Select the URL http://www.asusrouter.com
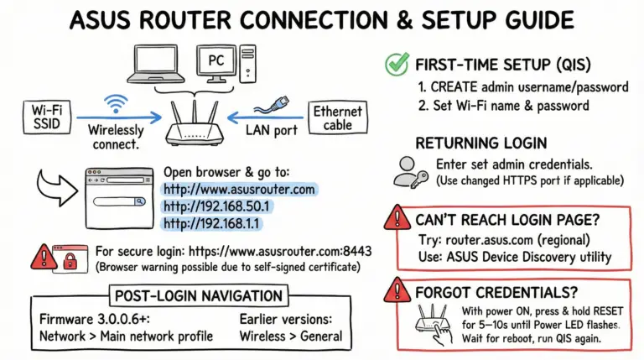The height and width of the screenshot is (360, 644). click(x=239, y=189)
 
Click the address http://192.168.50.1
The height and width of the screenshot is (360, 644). click(x=218, y=206)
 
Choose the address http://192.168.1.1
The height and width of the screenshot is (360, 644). click(x=213, y=224)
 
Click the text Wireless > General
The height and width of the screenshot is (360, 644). click(x=290, y=337)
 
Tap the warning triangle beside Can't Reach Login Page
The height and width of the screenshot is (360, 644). click(x=397, y=220)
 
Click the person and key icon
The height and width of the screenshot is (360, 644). click(x=411, y=171)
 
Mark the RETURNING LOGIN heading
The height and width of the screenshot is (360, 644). click(x=481, y=143)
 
